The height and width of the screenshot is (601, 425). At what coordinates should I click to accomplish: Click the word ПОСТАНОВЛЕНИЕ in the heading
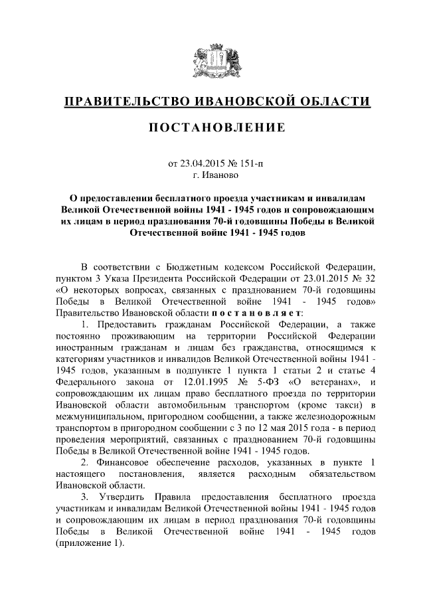212,128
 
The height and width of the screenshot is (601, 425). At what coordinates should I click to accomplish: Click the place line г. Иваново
212,175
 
